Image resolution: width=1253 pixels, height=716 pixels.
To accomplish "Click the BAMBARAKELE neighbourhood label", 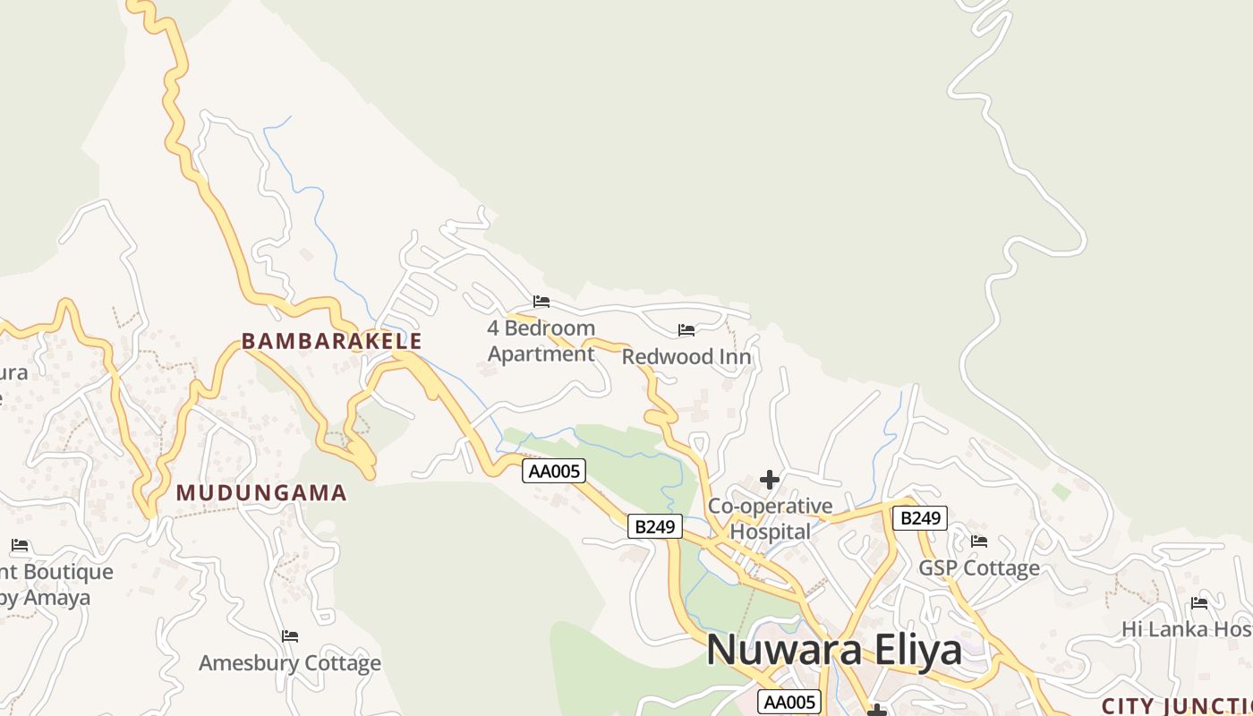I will click(x=331, y=341).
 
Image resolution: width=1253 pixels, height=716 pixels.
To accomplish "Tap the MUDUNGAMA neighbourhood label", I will click(x=261, y=492).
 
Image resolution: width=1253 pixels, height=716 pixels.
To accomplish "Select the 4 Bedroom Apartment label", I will click(x=541, y=341).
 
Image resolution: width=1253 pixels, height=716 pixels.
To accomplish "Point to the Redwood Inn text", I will click(x=686, y=357).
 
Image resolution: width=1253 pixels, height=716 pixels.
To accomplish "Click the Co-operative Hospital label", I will click(x=771, y=519).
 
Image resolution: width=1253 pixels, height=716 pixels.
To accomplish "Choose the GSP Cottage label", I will click(x=979, y=568).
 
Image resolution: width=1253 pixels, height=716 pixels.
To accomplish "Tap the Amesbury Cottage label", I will click(x=290, y=663).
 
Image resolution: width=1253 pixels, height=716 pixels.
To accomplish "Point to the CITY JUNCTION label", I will click(x=1176, y=706).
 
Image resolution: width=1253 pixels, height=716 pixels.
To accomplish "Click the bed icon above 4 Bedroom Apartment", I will click(x=541, y=302).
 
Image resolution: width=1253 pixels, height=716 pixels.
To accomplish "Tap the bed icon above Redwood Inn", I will click(x=686, y=330).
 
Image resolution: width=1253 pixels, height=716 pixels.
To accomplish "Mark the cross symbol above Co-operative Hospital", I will click(x=770, y=481).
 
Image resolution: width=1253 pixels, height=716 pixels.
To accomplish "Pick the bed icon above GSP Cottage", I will click(x=979, y=541).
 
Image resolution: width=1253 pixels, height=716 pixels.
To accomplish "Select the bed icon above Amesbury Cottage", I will click(x=290, y=636).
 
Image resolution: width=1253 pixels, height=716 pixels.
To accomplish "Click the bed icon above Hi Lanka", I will click(x=1199, y=602).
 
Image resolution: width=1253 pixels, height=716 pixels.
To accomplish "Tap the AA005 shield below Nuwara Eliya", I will click(x=788, y=703).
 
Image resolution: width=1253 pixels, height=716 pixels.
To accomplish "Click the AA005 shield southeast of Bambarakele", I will click(x=554, y=471).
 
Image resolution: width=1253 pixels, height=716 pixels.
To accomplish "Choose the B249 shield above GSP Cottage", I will click(x=919, y=518).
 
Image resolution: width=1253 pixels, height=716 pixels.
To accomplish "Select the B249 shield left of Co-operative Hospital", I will click(x=654, y=526).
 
